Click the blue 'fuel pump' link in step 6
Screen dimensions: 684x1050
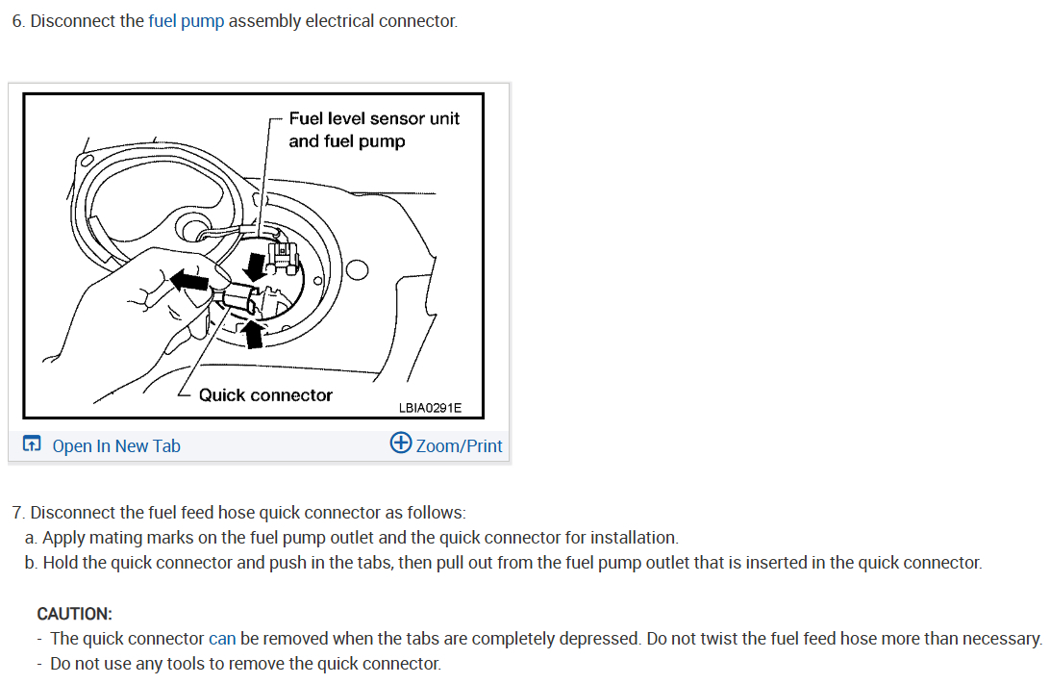coord(186,21)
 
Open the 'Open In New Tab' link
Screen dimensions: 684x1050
coord(116,445)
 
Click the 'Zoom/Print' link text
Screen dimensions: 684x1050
coord(459,445)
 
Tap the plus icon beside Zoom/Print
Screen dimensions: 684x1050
coord(400,443)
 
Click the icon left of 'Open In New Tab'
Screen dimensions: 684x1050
coord(32,444)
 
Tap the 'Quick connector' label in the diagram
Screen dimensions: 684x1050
coord(265,395)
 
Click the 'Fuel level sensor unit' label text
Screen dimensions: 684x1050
coord(374,118)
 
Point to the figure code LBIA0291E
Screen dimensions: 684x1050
coord(430,408)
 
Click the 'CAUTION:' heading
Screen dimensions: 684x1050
coord(74,613)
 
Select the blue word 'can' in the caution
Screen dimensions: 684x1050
coord(222,638)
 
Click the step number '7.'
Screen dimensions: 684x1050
coord(18,513)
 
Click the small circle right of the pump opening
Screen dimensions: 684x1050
coord(357,270)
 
